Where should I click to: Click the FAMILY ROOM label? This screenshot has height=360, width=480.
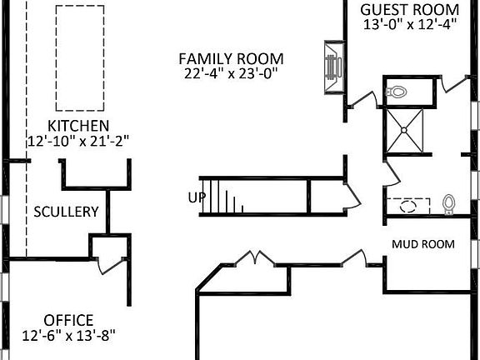point(232,59)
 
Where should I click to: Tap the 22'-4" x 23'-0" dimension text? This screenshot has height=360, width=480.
point(232,73)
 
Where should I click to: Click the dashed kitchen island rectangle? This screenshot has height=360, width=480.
point(80,57)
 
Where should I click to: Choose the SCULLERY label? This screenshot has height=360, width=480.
point(66,212)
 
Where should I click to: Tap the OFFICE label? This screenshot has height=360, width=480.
point(68,320)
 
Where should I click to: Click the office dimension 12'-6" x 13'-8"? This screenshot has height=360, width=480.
point(68,335)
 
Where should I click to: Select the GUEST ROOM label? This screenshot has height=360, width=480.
point(409,9)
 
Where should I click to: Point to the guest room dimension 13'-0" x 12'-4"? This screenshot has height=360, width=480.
point(409,24)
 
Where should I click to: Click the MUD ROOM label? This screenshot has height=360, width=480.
point(423,244)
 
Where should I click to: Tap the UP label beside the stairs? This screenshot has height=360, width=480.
point(196,198)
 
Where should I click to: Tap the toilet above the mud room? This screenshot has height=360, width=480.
point(450,203)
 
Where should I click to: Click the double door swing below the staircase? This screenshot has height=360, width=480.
point(252,258)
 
